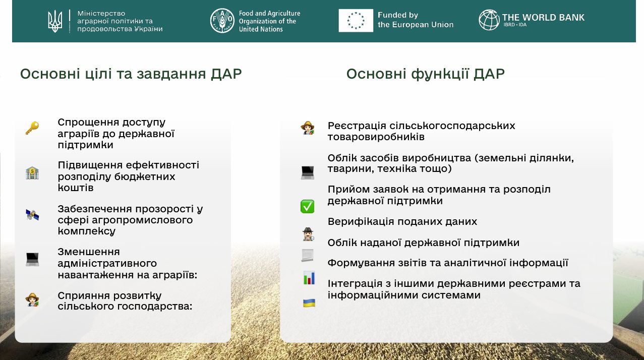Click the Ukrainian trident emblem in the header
[x=55, y=21]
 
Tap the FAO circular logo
[x=222, y=21]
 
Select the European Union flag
[x=356, y=20]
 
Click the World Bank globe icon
[x=489, y=20]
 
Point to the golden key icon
[x=32, y=128]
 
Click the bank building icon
[x=32, y=173]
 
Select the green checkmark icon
[x=307, y=206]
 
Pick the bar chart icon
[x=309, y=278]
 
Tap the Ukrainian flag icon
[x=309, y=303]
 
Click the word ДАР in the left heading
[x=226, y=74]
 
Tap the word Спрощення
[x=88, y=123]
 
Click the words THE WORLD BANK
[x=543, y=18]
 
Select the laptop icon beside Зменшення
[x=32, y=259]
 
